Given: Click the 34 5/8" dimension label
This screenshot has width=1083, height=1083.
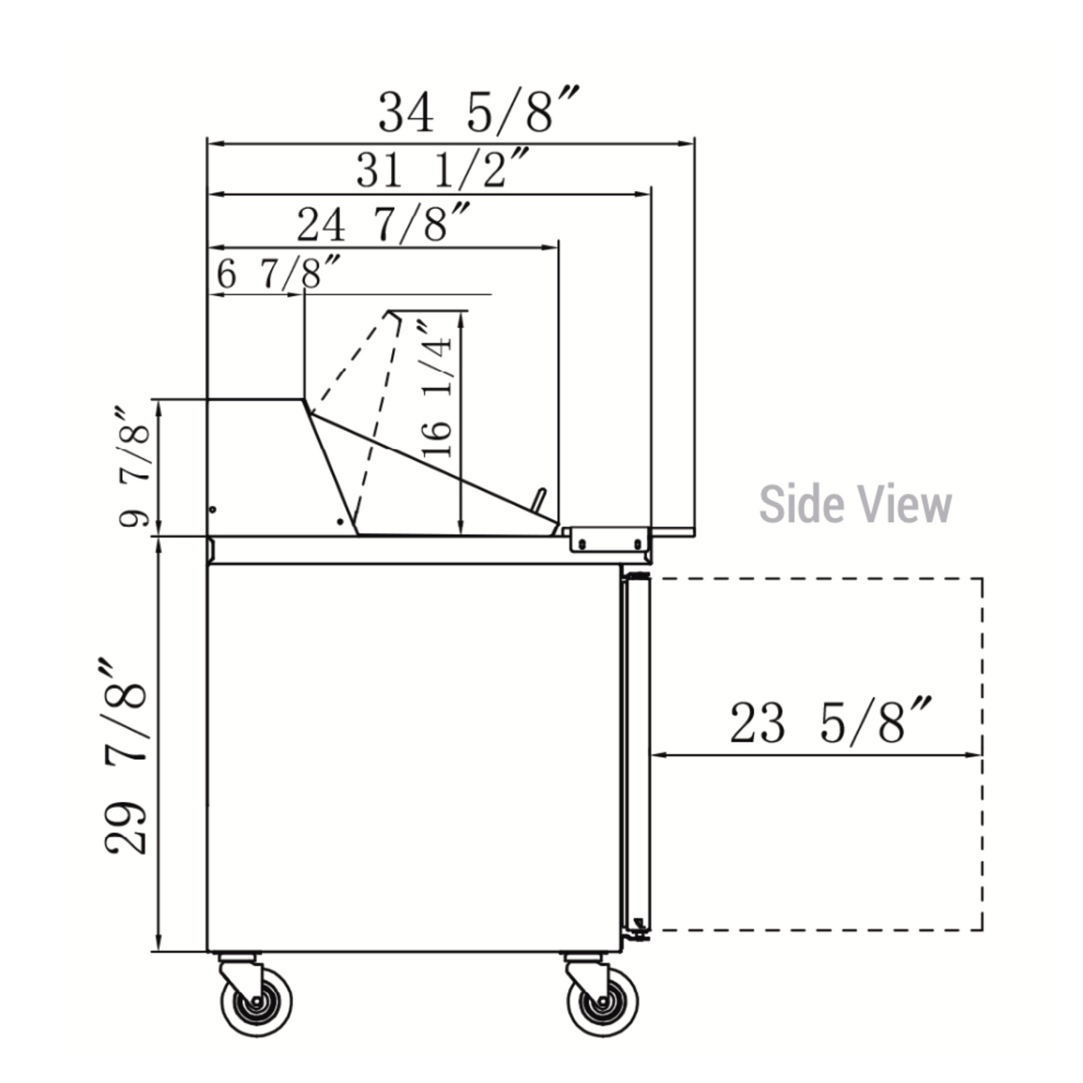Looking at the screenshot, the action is (477, 111).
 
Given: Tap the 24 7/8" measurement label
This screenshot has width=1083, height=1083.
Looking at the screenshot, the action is (383, 223).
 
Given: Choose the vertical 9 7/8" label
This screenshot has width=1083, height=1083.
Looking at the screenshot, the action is (134, 465).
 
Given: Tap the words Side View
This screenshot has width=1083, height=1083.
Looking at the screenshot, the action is (855, 504).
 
